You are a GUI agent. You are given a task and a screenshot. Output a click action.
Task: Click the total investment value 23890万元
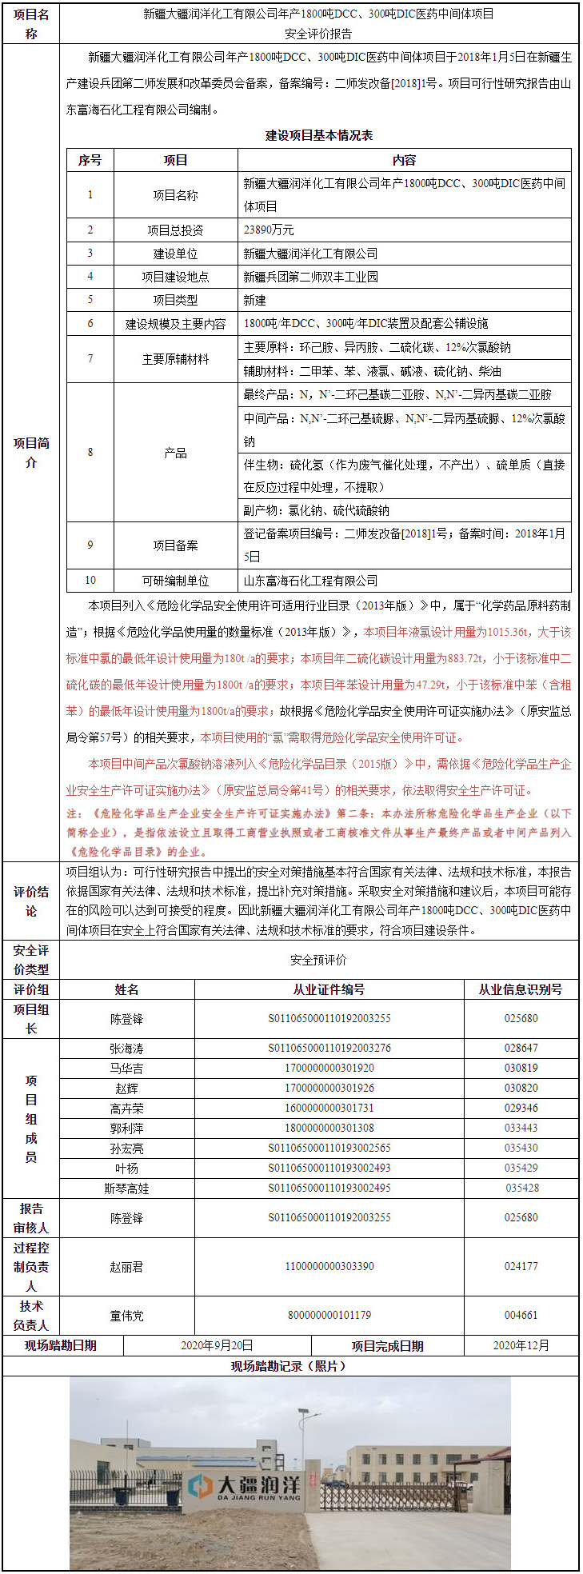click(269, 230)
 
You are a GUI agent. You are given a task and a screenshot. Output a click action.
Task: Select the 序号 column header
click(90, 160)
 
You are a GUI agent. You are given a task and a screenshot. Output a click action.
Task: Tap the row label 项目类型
click(175, 300)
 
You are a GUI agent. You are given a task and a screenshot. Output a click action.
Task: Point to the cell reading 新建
click(255, 300)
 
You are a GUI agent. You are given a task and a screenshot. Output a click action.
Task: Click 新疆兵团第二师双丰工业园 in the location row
click(310, 277)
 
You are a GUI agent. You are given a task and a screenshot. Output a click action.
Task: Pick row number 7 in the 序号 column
click(90, 359)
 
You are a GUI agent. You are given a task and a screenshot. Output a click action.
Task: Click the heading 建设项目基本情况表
click(319, 135)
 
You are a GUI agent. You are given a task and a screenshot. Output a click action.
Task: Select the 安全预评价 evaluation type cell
click(318, 960)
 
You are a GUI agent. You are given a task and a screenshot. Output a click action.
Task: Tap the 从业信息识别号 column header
click(521, 989)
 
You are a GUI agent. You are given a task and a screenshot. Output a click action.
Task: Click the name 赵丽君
click(126, 1267)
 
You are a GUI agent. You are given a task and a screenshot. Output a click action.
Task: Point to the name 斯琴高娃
click(126, 1188)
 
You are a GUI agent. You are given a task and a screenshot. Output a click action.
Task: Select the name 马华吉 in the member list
click(126, 1069)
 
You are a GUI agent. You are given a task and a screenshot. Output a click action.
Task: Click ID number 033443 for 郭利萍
click(521, 1129)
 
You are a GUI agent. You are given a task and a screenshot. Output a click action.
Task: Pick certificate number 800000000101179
click(329, 1315)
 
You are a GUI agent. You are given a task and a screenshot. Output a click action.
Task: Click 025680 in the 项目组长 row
click(521, 1019)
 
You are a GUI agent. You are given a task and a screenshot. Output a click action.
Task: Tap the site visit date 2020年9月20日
click(217, 1345)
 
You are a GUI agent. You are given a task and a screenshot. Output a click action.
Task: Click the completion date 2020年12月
click(521, 1345)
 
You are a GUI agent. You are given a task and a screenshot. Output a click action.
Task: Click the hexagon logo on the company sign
click(199, 1485)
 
